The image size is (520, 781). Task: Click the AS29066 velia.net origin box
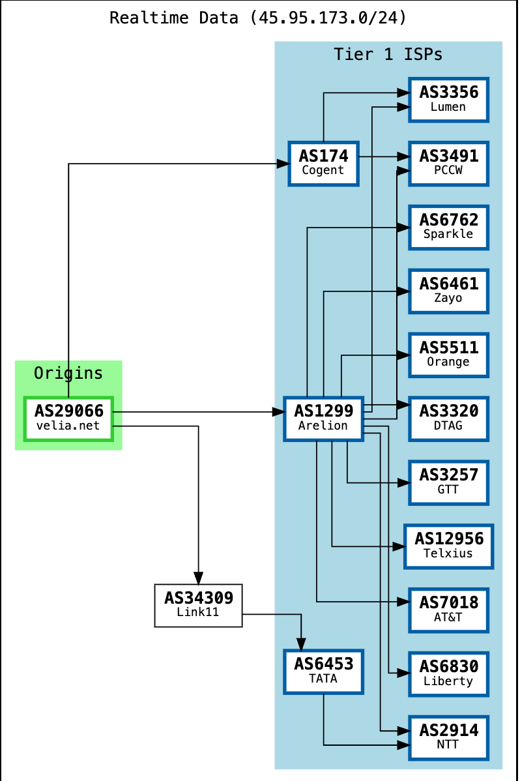pos(68,419)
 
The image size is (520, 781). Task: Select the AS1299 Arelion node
pos(323,419)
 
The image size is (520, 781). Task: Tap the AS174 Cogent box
pos(323,163)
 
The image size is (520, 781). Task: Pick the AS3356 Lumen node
pos(448,99)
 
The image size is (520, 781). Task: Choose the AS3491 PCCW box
pos(448,163)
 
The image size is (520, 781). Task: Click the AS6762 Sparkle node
pos(448,227)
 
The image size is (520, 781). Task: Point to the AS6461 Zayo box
pos(448,291)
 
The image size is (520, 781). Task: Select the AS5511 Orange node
pos(448,355)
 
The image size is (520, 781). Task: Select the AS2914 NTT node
pos(448,737)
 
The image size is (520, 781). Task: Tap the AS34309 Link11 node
pos(198,605)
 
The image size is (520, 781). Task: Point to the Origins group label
pos(68,373)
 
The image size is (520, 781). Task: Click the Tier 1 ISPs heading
pos(388,54)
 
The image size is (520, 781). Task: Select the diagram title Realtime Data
pos(258,18)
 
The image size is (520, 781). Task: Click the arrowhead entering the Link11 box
pos(198,578)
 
